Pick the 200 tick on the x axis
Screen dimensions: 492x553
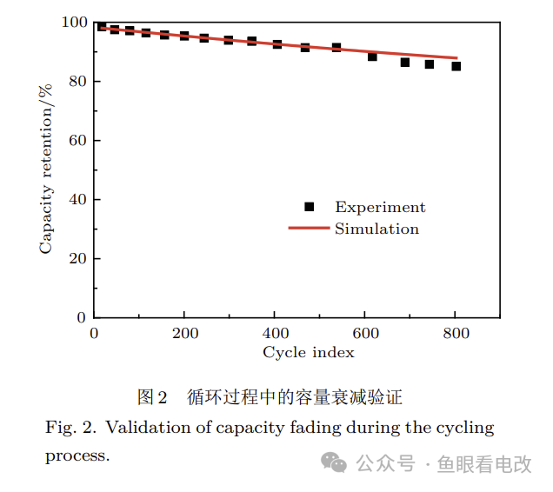[184, 335]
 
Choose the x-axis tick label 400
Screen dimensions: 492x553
[275, 335]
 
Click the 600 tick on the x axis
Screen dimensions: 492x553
[365, 335]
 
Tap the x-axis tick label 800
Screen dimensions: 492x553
[456, 335]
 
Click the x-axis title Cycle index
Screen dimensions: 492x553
[309, 352]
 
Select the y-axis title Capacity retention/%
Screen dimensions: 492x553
[45, 168]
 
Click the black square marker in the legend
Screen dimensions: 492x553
[309, 207]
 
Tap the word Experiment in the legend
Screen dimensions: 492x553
[380, 207]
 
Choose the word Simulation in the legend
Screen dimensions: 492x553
[376, 229]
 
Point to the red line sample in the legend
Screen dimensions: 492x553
[309, 229]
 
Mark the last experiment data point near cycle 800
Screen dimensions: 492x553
[456, 66]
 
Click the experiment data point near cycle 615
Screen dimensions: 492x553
[372, 57]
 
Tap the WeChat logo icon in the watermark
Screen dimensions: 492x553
[334, 462]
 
